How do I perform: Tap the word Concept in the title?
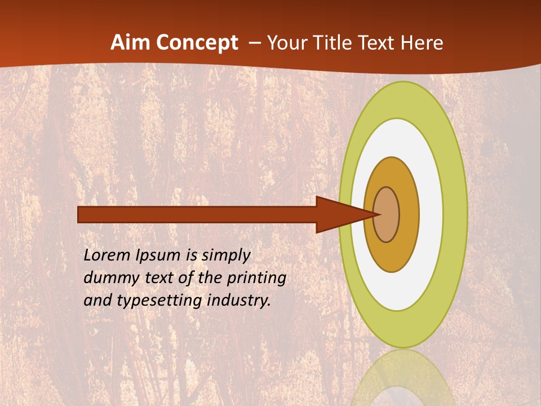(197, 43)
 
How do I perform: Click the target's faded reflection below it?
(403, 378)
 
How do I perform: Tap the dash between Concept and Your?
(254, 43)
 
